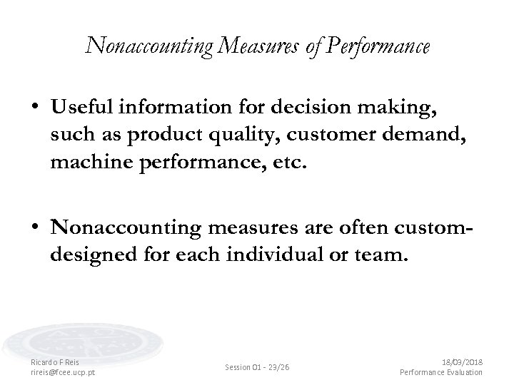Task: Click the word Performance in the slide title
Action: coord(379,47)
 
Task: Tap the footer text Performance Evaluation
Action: coord(441,371)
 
